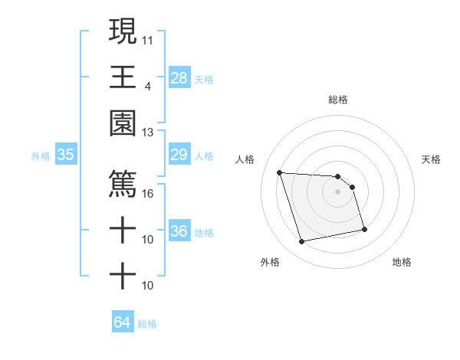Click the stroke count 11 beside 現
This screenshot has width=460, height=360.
(149, 38)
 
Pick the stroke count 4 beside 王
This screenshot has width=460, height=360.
(148, 85)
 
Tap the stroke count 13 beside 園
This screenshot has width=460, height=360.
(149, 132)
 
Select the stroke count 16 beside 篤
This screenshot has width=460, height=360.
(149, 193)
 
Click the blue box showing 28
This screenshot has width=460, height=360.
(179, 77)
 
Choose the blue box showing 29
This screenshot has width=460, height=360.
(179, 155)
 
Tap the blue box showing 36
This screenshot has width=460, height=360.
(179, 231)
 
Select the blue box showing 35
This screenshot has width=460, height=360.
(65, 155)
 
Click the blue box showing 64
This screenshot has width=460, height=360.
(122, 322)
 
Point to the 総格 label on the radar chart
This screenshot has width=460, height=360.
(337, 100)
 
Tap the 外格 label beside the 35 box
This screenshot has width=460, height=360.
(41, 156)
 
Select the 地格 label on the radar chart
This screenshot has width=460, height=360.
(402, 262)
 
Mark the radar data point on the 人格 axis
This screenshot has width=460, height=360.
(280, 172)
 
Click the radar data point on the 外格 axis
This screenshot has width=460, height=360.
(302, 242)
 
